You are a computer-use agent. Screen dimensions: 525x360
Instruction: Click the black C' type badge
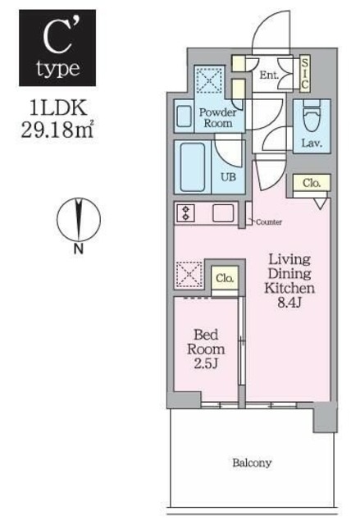(57, 48)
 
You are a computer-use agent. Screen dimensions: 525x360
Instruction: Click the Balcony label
(251, 463)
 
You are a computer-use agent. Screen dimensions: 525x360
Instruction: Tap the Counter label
(269, 222)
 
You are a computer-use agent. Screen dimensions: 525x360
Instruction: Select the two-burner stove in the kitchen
(185, 212)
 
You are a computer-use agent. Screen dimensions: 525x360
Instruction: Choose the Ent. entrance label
(269, 76)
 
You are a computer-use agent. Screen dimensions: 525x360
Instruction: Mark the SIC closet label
(305, 73)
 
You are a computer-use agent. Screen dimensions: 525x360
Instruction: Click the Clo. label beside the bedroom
(225, 279)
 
